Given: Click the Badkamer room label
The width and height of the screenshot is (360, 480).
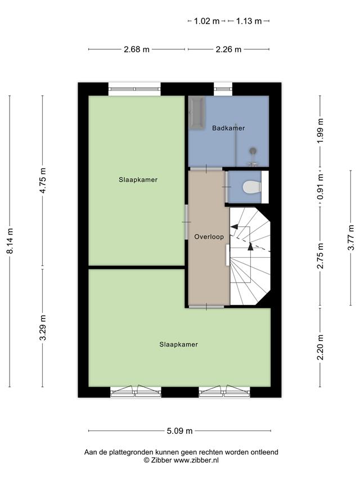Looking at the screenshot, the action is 228,128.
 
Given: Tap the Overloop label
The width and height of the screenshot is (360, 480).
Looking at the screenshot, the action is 209,237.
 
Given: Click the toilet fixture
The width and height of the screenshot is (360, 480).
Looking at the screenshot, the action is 251,187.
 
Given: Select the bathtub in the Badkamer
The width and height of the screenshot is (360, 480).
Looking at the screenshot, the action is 196,113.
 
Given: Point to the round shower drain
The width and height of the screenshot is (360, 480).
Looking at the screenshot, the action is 253,150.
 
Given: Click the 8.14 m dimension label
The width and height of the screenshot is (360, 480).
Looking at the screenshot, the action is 10,241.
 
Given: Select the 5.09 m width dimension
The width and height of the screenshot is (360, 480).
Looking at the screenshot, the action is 179,431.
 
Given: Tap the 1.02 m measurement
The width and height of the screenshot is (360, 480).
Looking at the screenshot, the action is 207,21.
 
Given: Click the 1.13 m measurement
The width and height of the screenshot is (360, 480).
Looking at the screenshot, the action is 249,21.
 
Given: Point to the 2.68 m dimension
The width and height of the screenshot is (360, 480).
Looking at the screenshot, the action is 137,50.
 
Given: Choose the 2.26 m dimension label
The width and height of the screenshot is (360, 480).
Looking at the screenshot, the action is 228,50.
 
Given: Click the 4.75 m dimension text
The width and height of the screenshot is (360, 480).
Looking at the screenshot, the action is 43,180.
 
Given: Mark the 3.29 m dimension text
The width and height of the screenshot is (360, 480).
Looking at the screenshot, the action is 43,328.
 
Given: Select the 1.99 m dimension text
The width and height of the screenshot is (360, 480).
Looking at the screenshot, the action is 320,131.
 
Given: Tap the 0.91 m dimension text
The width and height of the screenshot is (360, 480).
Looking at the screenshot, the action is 320,187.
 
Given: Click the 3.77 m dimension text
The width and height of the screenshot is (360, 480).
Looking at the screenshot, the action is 351,237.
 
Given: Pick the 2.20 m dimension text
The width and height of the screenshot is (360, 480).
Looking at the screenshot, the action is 320,347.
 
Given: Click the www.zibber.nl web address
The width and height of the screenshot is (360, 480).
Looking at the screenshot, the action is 196,460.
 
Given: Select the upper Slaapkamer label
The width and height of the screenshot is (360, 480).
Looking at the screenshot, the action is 138,180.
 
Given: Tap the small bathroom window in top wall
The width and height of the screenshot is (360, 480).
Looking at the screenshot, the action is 223,89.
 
